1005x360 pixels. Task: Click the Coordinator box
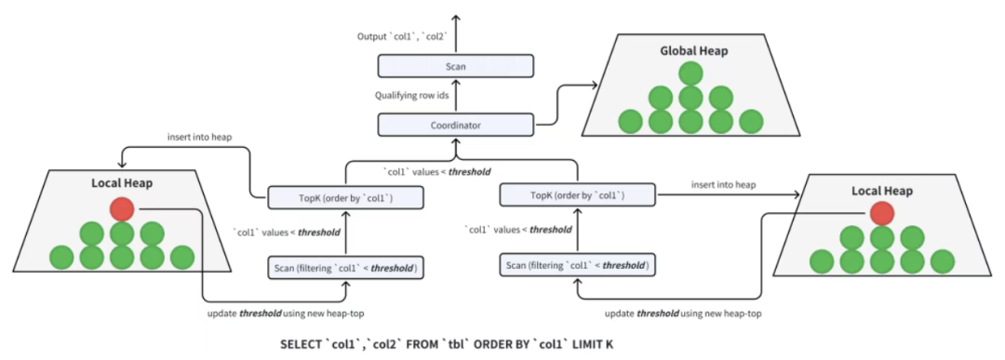tap(456, 125)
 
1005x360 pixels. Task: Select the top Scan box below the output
tap(456, 66)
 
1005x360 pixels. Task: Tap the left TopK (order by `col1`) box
tap(346, 197)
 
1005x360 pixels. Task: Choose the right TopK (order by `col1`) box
tap(578, 194)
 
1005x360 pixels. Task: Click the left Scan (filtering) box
tap(346, 268)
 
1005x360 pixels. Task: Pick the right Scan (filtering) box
tap(578, 265)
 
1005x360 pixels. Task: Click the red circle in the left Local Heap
tap(122, 208)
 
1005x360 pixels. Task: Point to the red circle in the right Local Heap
tap(882, 214)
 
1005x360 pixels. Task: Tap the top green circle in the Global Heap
tap(690, 73)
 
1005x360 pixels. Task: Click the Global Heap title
tap(693, 51)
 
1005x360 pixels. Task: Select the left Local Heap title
tap(122, 184)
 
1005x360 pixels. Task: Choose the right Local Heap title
tap(882, 191)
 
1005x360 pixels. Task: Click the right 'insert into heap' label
tap(722, 184)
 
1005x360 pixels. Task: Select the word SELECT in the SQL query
tap(301, 344)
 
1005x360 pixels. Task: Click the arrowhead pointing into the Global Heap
tap(594, 85)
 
